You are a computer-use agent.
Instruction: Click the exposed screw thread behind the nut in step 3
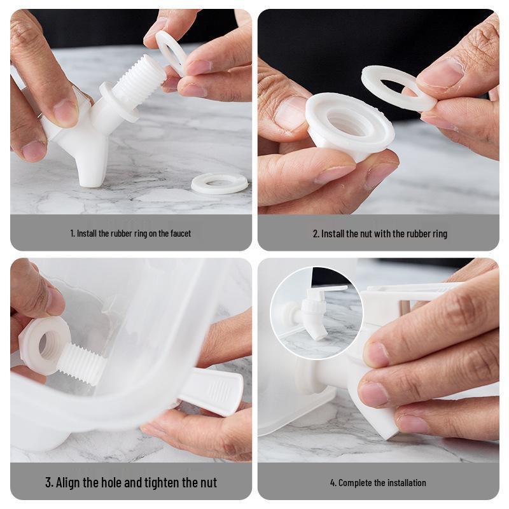82,363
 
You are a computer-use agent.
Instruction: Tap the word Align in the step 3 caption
68,482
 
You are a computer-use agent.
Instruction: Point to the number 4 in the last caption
333,483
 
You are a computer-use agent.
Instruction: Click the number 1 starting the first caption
72,234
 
